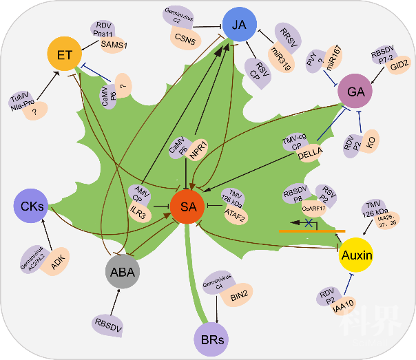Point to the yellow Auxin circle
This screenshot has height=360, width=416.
point(357,255)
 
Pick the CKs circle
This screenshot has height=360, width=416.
point(32,204)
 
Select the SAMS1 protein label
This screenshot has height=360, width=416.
point(113,45)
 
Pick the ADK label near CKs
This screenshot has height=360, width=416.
point(56,260)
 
